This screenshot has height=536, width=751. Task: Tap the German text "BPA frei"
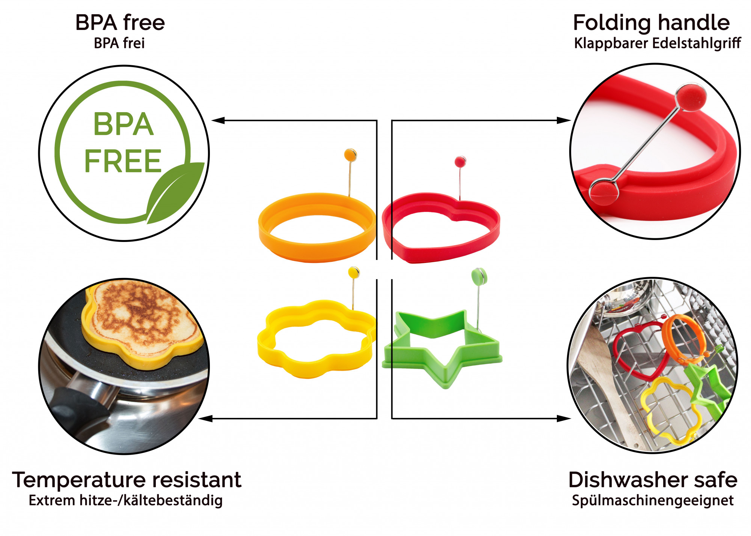click(x=119, y=43)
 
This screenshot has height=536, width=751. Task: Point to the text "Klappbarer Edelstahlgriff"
click(x=657, y=43)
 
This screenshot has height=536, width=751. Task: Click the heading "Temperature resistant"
click(x=127, y=480)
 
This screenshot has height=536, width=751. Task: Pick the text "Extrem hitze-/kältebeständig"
click(x=125, y=500)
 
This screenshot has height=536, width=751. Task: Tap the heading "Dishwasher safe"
click(x=653, y=480)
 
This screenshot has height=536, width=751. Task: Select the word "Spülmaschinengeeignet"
click(x=653, y=500)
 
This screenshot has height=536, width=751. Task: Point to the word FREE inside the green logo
click(x=123, y=161)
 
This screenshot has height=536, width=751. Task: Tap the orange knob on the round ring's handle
click(x=350, y=154)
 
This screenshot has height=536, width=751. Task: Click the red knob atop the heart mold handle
click(x=460, y=162)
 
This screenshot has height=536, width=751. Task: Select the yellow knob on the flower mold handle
click(x=354, y=272)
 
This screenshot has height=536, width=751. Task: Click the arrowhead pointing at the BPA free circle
click(x=218, y=120)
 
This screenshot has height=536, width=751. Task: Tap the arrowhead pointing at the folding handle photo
click(x=564, y=120)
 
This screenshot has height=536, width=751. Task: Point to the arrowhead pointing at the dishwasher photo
click(x=564, y=418)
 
